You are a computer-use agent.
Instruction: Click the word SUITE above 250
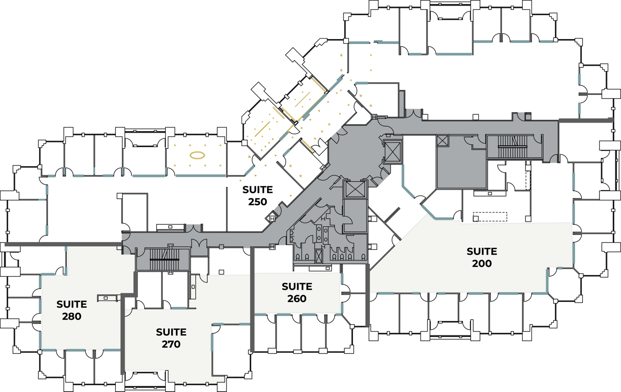tap(257, 190)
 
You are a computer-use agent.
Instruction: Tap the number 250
tap(257, 202)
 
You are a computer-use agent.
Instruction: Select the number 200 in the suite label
tap(482, 263)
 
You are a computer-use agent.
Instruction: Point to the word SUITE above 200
tap(482, 251)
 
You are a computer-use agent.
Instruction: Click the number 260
tap(297, 299)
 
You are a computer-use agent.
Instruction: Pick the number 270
tap(171, 344)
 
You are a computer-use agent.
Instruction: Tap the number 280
tap(72, 316)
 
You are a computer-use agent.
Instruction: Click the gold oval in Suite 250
tap(197, 155)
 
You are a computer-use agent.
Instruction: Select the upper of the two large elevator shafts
tap(393, 152)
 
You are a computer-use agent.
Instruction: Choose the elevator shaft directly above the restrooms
tap(355, 189)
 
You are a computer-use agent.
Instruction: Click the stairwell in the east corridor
tap(513, 147)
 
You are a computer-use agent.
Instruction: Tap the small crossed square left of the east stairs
tap(443, 141)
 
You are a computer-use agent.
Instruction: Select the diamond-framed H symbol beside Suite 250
tap(272, 218)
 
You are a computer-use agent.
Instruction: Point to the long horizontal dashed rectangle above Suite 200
tap(490, 217)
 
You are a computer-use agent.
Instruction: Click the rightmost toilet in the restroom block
tap(364, 257)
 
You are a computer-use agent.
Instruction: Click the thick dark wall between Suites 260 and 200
tap(367, 295)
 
